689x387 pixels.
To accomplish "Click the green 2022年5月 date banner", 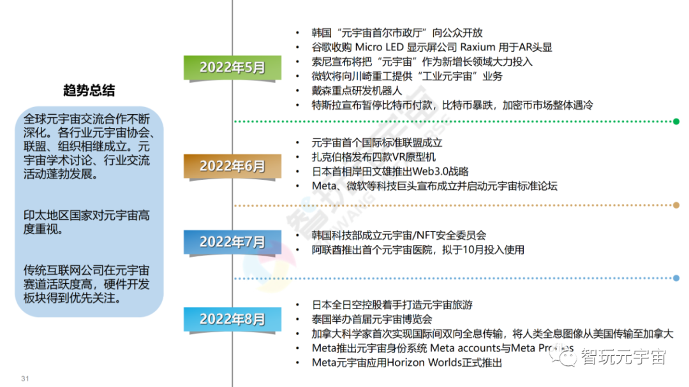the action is tap(232, 68).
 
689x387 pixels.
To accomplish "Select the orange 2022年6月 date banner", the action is tap(232, 166).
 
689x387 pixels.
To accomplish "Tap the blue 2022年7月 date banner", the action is tap(232, 242).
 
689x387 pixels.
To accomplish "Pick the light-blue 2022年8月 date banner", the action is tap(232, 319).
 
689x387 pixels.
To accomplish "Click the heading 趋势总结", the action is tap(89, 91).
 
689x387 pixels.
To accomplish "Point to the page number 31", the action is tap(26, 378).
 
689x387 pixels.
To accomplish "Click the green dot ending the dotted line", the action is tap(676, 121).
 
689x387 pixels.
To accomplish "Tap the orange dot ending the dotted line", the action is tap(676, 205).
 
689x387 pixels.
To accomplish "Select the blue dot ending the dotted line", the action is tap(676, 278).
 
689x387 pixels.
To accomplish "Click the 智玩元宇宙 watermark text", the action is tap(624, 357).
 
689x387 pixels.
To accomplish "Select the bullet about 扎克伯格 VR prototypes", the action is tap(373, 157).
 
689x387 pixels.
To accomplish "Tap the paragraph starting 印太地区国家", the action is tap(86, 221).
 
